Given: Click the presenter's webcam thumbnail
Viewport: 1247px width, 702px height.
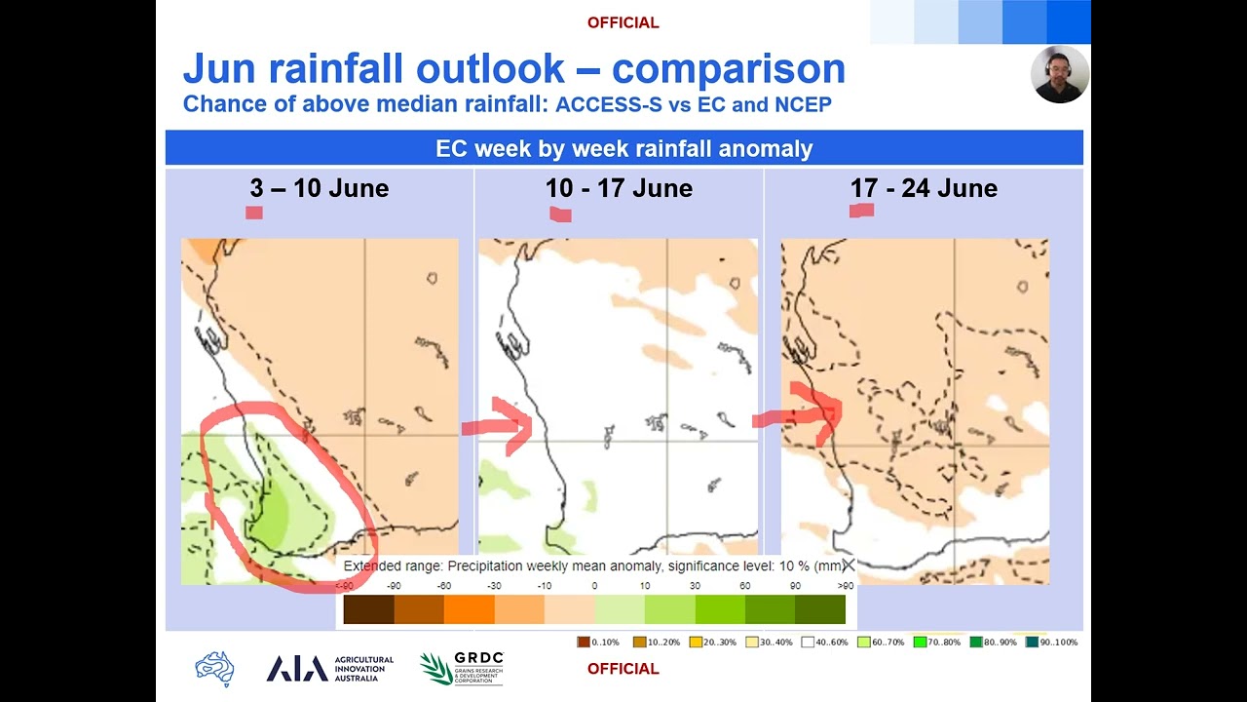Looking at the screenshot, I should point(1060,74).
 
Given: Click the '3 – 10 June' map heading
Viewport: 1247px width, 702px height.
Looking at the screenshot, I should point(319,188).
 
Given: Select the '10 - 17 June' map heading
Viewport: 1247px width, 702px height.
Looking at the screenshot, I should point(619,188).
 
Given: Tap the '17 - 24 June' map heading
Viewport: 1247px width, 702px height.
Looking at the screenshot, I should point(923,188).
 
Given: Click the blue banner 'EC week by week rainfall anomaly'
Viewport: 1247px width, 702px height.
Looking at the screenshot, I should point(623,149).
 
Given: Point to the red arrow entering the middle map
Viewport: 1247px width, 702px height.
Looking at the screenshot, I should point(502,424).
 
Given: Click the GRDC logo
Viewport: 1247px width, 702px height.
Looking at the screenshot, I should point(462,669).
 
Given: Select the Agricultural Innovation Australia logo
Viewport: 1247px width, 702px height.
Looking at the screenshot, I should point(330,669).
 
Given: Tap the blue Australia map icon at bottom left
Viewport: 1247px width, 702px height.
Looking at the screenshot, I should point(214,669).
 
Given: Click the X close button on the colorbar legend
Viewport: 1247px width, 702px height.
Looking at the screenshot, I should point(848,565).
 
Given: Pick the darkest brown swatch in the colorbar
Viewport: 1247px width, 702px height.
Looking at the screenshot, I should point(369,609).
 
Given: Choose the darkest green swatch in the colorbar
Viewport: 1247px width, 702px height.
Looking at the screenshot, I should point(820,609).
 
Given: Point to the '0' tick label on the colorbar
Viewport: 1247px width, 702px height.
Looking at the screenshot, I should point(594,587).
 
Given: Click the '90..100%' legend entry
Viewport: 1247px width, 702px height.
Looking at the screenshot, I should point(1051,643).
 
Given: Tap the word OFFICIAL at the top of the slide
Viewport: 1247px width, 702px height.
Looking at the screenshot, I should point(623,22).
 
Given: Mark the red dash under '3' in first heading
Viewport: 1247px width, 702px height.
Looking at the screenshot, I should point(254,213).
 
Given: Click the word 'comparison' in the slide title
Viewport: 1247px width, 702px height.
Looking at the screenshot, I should point(728,69).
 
